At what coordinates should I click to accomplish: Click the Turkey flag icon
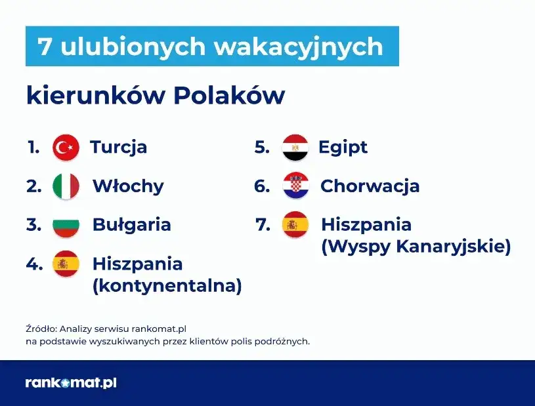(x=66, y=148)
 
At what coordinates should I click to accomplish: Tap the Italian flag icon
(x=66, y=186)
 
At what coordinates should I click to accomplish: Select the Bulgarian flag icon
(x=66, y=225)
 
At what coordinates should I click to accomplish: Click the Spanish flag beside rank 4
(x=66, y=264)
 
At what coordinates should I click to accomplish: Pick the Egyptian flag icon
(x=295, y=148)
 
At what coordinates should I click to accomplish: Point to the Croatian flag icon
(x=295, y=186)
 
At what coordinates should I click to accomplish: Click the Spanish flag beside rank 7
(x=295, y=225)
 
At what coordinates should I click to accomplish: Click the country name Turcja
(x=118, y=147)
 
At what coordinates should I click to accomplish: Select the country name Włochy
(x=128, y=186)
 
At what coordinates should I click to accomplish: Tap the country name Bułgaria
(x=131, y=225)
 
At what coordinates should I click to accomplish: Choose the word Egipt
(x=343, y=148)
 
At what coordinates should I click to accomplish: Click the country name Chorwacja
(x=370, y=186)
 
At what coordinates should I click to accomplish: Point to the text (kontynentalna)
(x=167, y=286)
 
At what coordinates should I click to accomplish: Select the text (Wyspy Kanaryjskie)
(x=416, y=247)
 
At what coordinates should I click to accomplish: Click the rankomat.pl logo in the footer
(x=71, y=382)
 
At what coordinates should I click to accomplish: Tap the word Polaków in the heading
(x=229, y=96)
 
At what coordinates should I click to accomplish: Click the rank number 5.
(x=262, y=148)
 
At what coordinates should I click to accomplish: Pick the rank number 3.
(x=33, y=225)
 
